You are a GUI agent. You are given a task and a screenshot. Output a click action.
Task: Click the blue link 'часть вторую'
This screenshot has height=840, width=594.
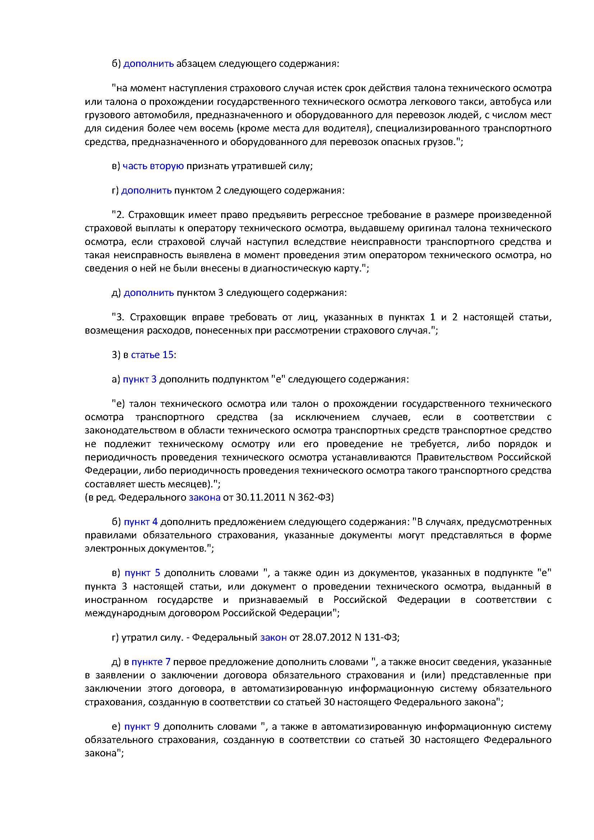point(153,166)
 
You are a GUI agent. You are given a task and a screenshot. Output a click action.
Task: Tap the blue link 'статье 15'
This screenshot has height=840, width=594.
point(152,355)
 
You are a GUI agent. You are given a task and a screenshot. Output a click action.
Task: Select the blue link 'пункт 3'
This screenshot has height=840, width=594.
point(139,379)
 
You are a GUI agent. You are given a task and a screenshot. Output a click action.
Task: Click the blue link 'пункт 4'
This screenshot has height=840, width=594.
point(140,522)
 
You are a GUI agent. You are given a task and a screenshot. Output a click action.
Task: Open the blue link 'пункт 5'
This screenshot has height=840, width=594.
point(142,573)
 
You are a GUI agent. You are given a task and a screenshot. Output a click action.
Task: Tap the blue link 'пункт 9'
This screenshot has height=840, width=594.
point(141,727)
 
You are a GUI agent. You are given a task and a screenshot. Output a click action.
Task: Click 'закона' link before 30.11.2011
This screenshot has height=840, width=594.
point(204,497)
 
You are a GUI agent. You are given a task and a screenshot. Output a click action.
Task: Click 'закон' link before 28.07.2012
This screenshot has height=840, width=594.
point(273,638)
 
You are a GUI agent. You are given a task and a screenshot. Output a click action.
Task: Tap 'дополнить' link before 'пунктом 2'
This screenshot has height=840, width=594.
point(146,191)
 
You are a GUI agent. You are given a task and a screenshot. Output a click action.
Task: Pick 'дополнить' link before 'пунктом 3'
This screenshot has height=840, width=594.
point(149,293)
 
